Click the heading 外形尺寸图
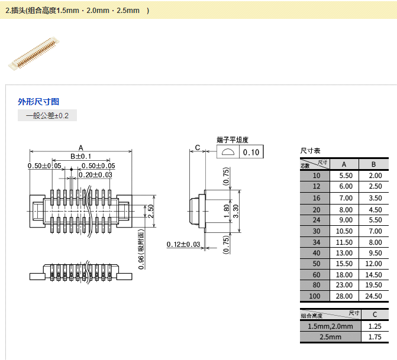click(38, 102)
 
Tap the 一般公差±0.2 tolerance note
click(47, 116)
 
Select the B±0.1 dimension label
click(80, 157)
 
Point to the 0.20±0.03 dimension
click(95, 175)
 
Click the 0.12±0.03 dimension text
click(183, 244)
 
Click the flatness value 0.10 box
click(251, 153)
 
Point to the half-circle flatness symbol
click(228, 153)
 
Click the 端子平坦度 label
click(233, 140)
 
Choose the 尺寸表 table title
click(311, 151)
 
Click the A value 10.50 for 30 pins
click(346, 232)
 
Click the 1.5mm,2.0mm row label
click(330, 326)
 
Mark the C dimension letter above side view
click(198, 147)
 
